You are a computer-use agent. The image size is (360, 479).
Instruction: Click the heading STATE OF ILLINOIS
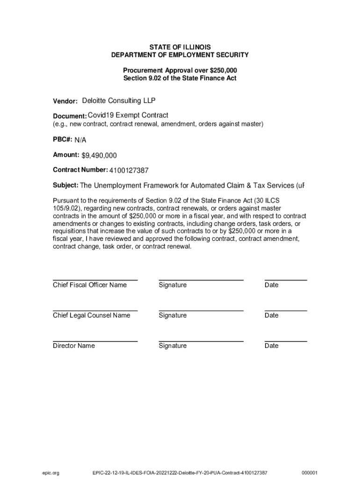tap(180, 47)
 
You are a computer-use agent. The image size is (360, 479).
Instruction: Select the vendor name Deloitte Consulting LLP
tap(119, 101)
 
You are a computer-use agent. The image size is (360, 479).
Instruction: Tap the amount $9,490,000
tap(99, 155)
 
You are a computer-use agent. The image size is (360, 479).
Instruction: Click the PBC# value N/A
tap(80, 140)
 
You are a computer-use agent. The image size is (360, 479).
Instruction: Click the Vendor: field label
tap(65, 101)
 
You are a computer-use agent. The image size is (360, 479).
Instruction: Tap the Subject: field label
tap(65, 185)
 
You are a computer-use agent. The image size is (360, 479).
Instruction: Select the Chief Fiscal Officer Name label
tap(90, 285)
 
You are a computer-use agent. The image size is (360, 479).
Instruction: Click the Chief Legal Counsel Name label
tap(92, 315)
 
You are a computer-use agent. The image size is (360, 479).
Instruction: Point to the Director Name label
tap(74, 346)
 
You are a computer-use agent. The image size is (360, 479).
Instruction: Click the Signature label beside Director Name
tap(173, 346)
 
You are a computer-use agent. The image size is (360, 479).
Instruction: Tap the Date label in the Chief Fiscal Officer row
tap(271, 285)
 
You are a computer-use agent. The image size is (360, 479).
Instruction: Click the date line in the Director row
tap(286, 341)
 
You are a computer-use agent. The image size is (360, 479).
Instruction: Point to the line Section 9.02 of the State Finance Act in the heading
tap(180, 78)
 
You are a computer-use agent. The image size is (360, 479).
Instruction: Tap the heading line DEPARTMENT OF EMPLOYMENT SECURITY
tap(180, 55)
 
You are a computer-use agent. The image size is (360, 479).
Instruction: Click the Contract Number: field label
tap(80, 170)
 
